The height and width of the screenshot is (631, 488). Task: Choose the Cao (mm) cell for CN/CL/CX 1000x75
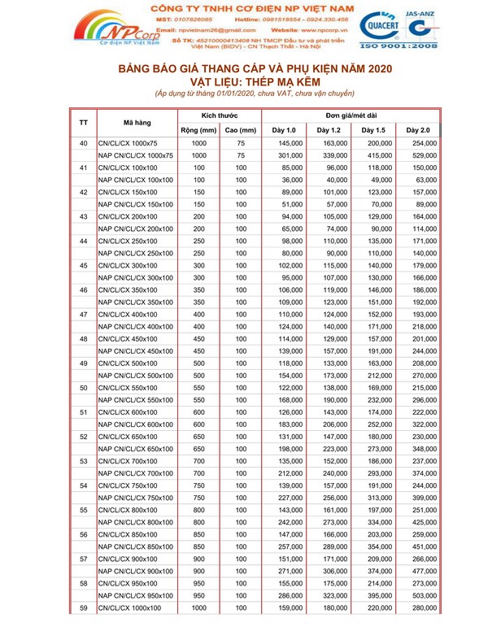[x=241, y=143]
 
